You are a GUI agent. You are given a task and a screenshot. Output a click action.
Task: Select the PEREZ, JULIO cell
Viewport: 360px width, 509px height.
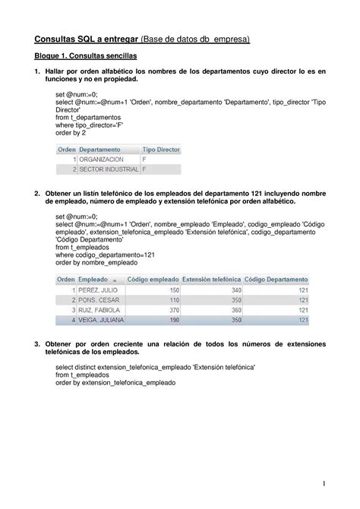coord(99,290)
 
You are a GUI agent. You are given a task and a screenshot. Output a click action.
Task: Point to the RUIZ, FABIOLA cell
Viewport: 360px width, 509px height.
coord(99,310)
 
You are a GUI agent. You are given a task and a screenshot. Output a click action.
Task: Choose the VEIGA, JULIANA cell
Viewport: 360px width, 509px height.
coord(102,320)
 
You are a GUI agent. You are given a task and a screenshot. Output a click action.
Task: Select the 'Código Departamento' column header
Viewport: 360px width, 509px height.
coord(276,280)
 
